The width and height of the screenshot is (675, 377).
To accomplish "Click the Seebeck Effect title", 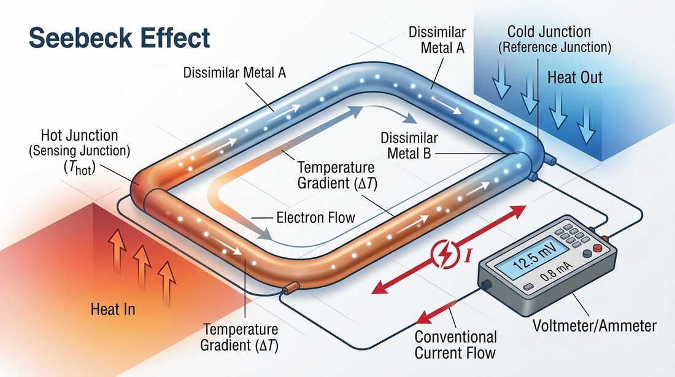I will point(120,38).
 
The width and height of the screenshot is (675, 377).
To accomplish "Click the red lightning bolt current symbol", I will point(442,253).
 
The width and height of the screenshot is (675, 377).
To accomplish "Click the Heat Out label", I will point(574,77).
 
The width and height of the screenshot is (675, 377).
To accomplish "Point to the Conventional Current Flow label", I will point(455,344).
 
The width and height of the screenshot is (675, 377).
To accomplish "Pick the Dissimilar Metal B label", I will point(408,144).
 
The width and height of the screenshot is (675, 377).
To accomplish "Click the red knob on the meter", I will point(606,239).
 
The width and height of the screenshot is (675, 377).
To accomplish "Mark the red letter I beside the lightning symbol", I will point(468,251).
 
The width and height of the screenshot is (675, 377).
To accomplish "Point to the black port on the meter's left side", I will point(484,284).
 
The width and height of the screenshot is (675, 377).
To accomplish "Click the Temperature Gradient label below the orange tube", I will point(240,337).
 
